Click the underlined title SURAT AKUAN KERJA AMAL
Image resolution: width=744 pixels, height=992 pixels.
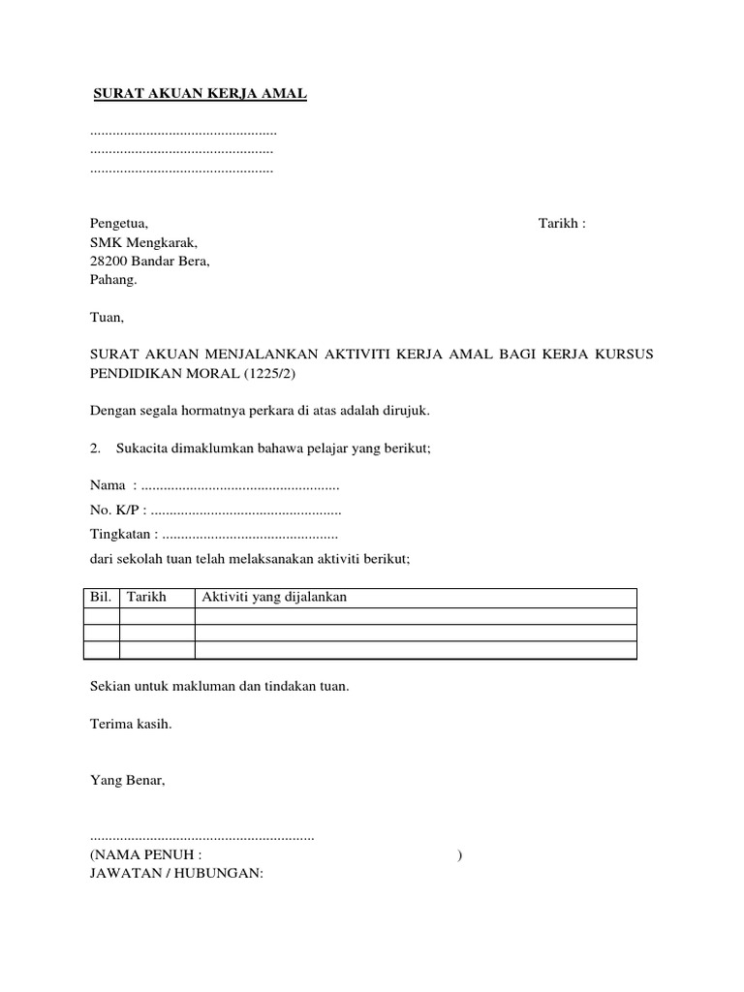[x=200, y=94]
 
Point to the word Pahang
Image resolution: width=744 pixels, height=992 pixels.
[x=113, y=280]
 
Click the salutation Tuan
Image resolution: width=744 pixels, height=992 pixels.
[x=107, y=317]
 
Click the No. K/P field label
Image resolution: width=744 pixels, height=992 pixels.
[x=115, y=510]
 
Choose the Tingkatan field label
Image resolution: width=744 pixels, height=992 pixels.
[x=122, y=534]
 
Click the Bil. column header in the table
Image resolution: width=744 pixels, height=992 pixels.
[x=102, y=598]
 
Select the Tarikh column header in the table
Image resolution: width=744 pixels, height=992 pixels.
[x=147, y=598]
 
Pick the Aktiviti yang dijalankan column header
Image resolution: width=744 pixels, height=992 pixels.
[x=274, y=598]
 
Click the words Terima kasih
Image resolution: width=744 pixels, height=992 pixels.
[x=131, y=723]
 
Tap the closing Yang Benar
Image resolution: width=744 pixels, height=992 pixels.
[x=127, y=779]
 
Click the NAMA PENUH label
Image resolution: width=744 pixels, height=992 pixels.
[x=146, y=855]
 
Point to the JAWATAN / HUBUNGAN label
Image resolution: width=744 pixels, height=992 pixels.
[x=176, y=873]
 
